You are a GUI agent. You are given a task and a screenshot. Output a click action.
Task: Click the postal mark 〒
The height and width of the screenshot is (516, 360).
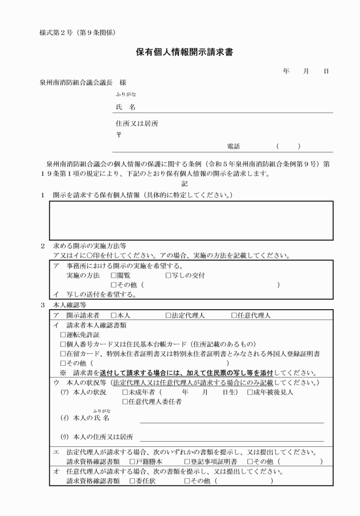click(118, 135)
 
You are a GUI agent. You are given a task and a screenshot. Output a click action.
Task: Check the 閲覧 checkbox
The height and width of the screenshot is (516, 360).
click(114, 275)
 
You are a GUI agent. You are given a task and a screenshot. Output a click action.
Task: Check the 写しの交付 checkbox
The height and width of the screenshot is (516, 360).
click(169, 275)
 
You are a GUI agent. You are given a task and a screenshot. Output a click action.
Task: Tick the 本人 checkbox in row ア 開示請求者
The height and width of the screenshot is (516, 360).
click(114, 315)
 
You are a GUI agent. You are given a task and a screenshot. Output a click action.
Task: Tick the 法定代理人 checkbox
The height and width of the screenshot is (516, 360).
click(169, 315)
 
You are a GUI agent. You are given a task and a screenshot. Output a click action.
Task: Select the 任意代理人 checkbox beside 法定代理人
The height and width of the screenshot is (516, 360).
click(234, 315)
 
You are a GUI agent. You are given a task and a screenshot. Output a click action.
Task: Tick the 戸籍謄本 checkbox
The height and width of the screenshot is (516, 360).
click(132, 461)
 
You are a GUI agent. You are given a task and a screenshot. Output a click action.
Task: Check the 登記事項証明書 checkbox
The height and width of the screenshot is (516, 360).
click(187, 461)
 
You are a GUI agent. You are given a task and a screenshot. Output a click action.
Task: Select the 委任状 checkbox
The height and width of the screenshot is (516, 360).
click(132, 481)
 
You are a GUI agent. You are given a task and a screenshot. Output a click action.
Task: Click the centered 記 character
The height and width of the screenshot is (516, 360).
click(184, 184)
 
